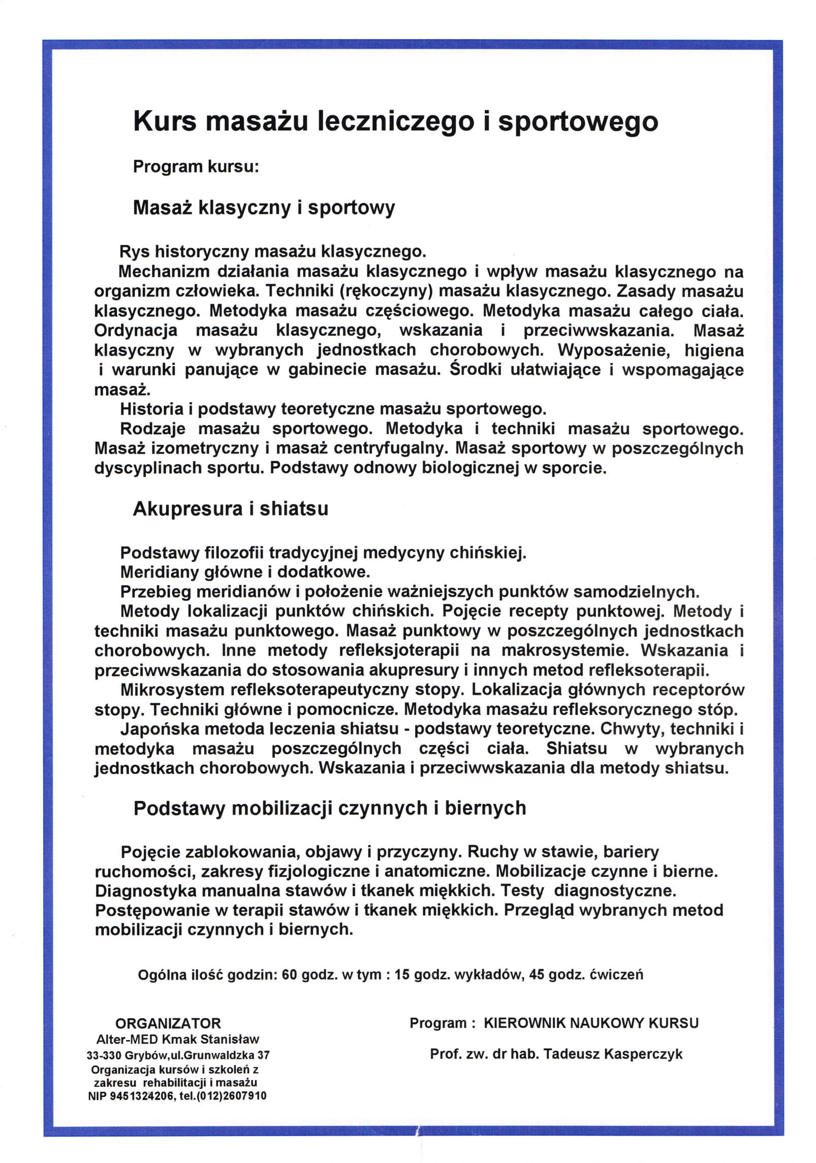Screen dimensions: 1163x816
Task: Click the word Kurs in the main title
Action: click(x=164, y=122)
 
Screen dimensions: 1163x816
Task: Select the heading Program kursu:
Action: click(x=196, y=167)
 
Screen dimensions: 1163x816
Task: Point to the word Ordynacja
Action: click(x=136, y=331)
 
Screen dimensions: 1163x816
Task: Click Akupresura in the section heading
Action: click(x=188, y=508)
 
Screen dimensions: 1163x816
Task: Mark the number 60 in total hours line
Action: click(x=289, y=975)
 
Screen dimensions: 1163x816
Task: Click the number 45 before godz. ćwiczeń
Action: click(x=537, y=975)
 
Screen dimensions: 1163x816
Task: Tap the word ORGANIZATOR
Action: click(x=168, y=1023)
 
